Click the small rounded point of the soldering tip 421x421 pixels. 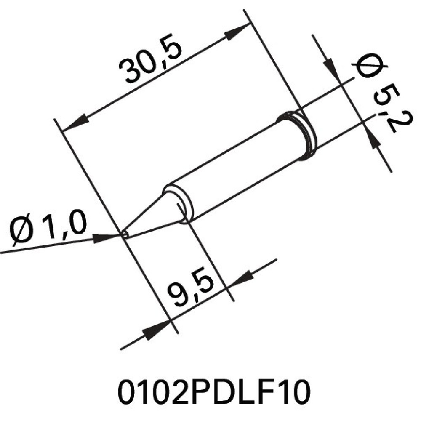(125, 234)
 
